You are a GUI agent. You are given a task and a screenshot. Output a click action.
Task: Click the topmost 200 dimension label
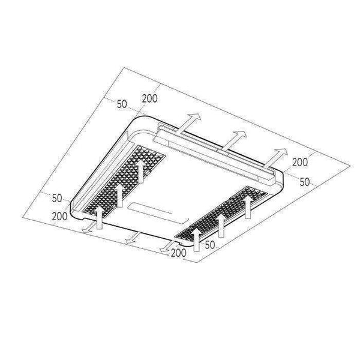[149, 98]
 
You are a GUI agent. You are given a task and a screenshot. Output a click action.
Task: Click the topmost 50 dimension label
[122, 104]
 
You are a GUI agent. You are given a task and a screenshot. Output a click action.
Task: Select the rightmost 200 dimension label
[300, 163]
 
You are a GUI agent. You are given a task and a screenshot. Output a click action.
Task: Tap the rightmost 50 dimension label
[305, 182]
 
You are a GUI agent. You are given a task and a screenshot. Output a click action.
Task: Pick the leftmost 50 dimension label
[57, 198]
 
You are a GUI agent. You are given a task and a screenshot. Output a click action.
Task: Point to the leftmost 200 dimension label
[59, 216]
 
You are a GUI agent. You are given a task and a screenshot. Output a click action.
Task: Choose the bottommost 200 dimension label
[179, 253]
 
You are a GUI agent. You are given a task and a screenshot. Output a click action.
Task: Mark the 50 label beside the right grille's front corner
[210, 245]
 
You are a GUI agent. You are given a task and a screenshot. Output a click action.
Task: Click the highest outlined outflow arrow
[189, 124]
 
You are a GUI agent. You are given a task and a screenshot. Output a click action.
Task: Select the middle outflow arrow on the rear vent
[234, 140]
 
